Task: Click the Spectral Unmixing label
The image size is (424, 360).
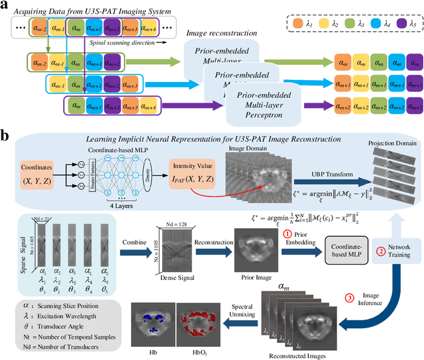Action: pos(242,313)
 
